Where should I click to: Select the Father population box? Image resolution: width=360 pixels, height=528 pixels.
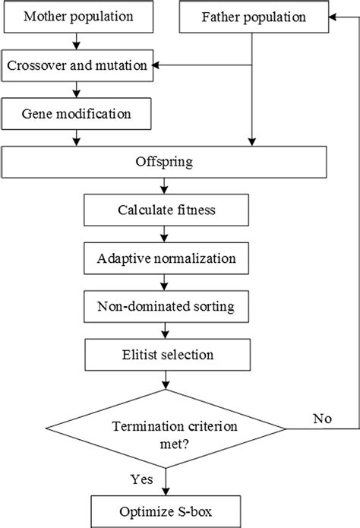[252, 17]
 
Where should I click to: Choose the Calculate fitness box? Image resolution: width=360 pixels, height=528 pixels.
[165, 210]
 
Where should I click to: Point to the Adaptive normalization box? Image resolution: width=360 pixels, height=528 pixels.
[165, 258]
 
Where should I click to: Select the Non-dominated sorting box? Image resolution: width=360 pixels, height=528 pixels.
[165, 306]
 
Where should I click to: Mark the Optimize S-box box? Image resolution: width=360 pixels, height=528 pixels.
[166, 506]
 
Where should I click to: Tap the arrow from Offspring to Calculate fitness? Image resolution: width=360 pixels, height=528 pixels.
[165, 186]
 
